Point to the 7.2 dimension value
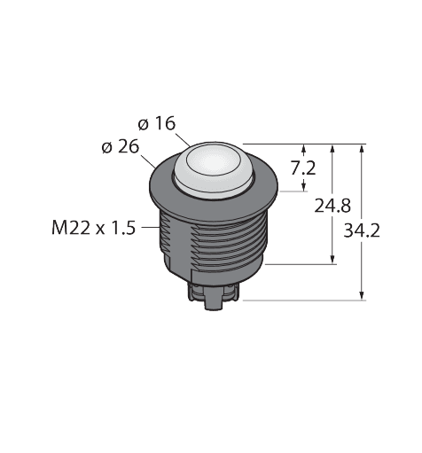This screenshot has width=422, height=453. (x=304, y=168)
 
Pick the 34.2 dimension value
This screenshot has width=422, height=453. (x=363, y=231)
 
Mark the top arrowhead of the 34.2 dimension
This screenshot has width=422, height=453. (x=362, y=148)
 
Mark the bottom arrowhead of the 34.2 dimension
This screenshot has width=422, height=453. (x=362, y=295)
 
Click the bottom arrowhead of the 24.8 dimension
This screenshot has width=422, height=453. (x=334, y=258)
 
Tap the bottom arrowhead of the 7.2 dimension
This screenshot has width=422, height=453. (x=306, y=185)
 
